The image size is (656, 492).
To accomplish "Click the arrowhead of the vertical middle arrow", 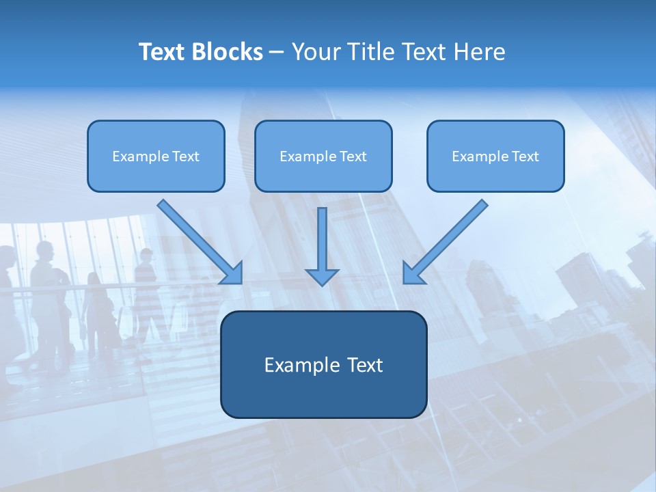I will coord(322,276).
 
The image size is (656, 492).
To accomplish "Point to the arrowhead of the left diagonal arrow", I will coord(233,274).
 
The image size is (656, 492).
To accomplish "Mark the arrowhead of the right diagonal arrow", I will coord(412,274).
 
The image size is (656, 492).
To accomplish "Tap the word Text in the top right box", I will coord(525,156).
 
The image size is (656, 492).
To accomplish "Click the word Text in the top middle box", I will coord(353,156).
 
